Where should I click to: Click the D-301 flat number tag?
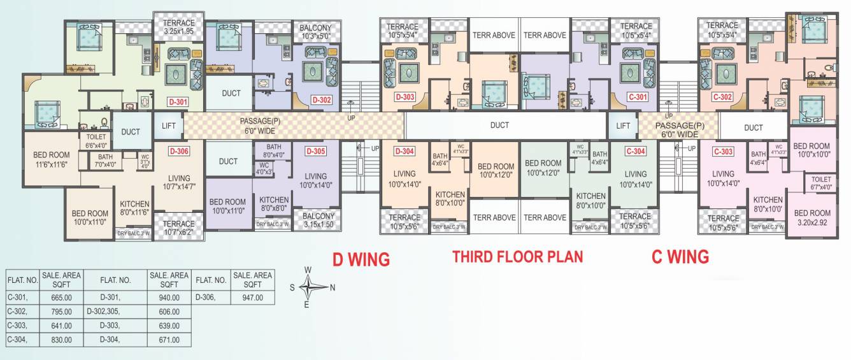[178, 101]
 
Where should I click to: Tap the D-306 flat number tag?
[179, 152]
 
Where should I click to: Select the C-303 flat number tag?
[723, 152]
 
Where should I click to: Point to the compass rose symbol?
[308, 287]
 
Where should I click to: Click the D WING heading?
[361, 259]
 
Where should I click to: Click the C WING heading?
[680, 257]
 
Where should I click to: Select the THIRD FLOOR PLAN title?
[517, 257]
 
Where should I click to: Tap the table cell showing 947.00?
[252, 297]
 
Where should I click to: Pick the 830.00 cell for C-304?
[62, 340]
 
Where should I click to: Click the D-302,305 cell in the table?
[115, 312]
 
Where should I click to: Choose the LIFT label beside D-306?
[169, 126]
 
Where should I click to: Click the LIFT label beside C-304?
[623, 126]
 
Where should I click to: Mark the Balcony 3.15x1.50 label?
[318, 220]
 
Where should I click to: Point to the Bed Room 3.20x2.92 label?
[812, 217]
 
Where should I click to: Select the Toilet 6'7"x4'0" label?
[820, 184]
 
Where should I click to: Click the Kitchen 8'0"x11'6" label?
[134, 208]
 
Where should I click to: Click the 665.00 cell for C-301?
[62, 297]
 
